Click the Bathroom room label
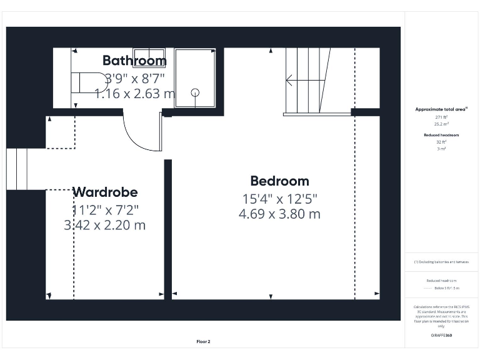134,61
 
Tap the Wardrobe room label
105,192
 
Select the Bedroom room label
279,181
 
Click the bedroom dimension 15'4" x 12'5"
279,199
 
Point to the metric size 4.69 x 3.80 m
279,214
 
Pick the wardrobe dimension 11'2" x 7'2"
105,209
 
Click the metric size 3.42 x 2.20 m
105,225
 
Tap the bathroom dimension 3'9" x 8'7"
134,79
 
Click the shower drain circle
195,92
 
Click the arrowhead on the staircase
289,80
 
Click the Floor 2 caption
203,342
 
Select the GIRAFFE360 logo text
441,336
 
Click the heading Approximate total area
441,109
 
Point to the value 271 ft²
441,117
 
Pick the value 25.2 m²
441,124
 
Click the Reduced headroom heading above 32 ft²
441,135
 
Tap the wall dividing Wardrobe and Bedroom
167,228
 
